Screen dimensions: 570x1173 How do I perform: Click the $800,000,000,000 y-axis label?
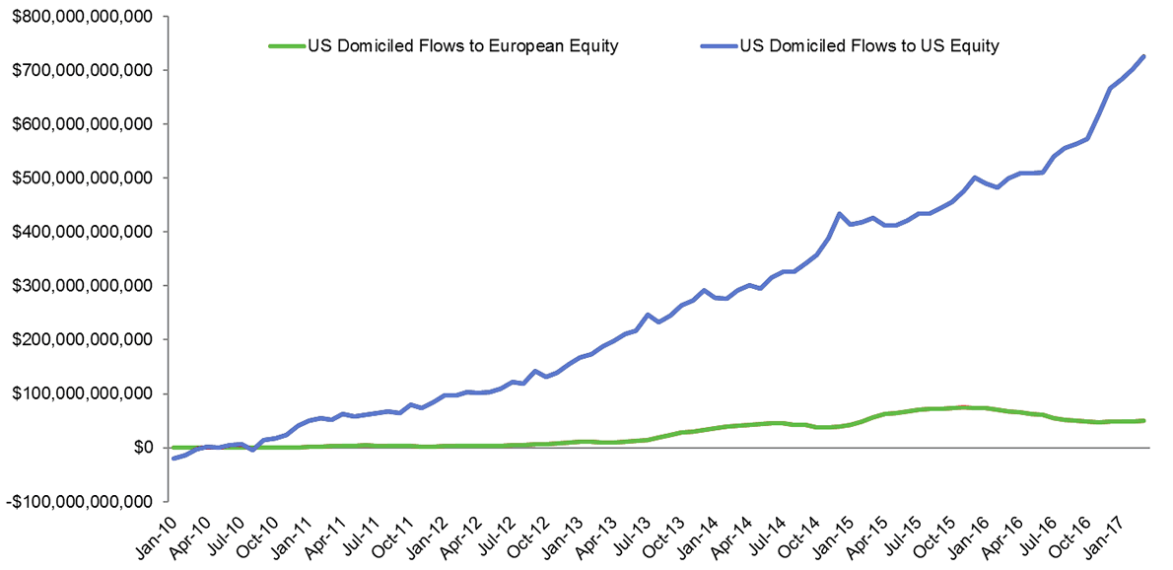pyautogui.click(x=77, y=17)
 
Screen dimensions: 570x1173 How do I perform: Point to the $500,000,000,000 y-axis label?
pyautogui.click(x=77, y=178)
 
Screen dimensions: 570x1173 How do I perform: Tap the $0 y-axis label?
pyautogui.click(x=142, y=447)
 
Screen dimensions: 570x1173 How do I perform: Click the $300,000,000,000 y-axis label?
pyautogui.click(x=77, y=286)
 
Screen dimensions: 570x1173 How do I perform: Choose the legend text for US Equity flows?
pyautogui.click(x=870, y=45)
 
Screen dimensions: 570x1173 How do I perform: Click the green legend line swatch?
pyautogui.click(x=287, y=45)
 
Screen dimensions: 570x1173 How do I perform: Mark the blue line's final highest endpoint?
pyautogui.click(x=1142, y=56)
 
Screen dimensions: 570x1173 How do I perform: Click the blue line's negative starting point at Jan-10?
pyautogui.click(x=174, y=458)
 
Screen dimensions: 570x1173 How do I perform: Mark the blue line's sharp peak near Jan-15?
pyautogui.click(x=839, y=213)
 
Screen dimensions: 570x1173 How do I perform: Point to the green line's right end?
pyautogui.click(x=1142, y=420)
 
